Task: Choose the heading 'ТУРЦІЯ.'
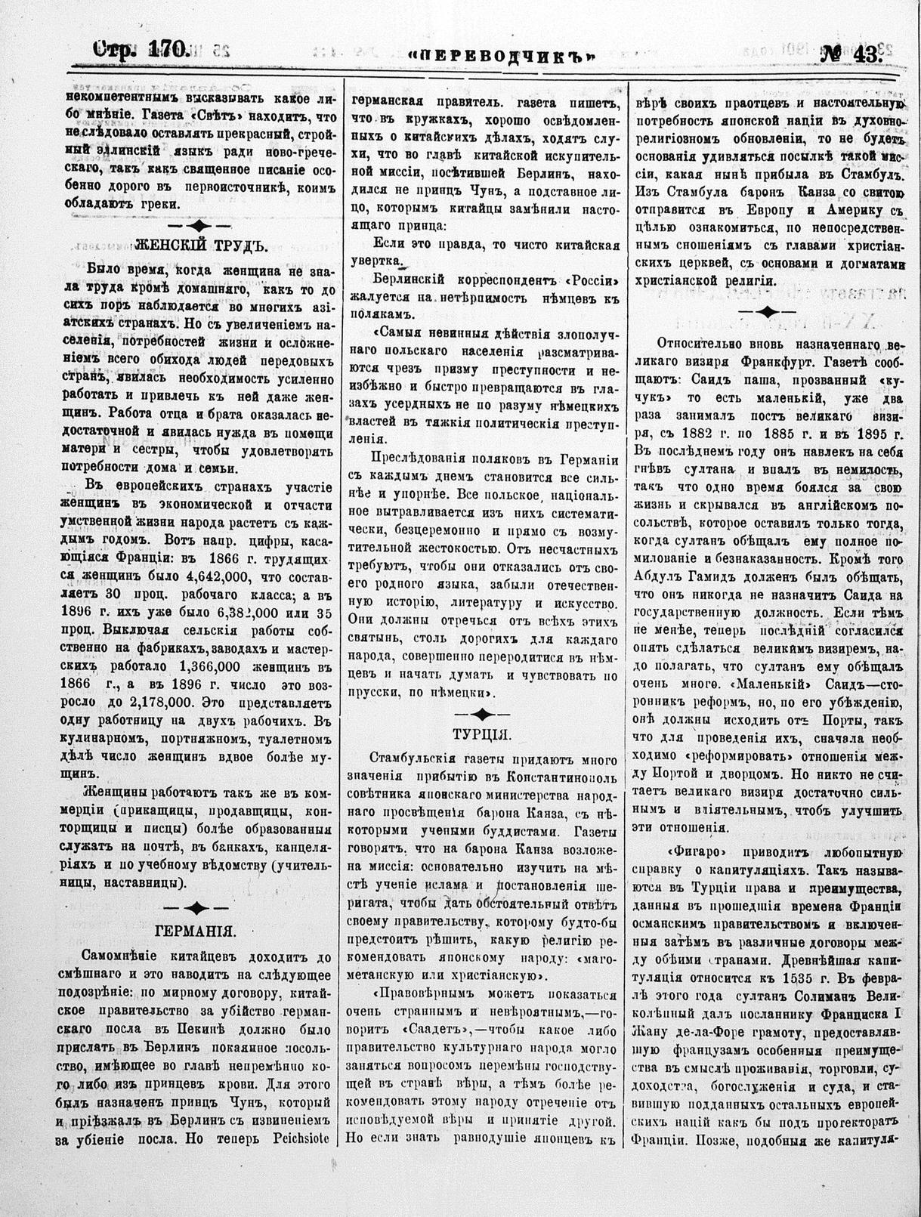[x=483, y=734]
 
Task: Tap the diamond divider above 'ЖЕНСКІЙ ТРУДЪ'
[x=199, y=225]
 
